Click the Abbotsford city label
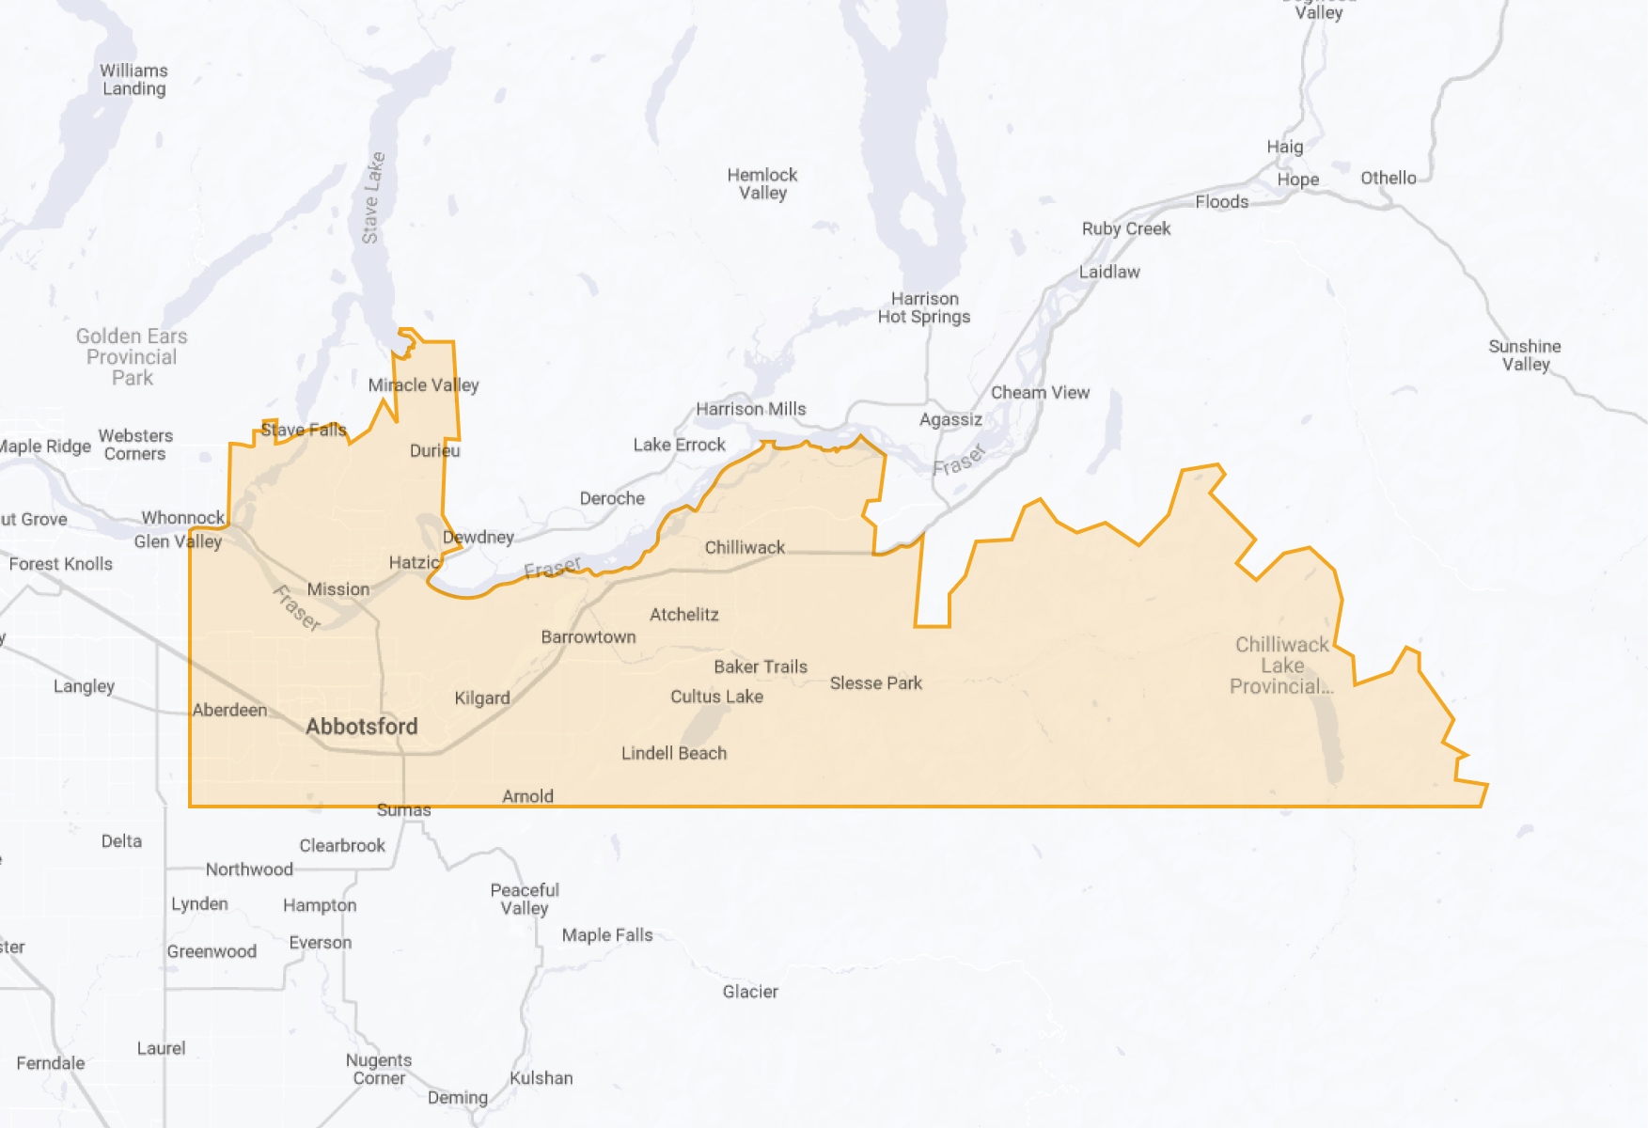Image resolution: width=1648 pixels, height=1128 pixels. pos(362,727)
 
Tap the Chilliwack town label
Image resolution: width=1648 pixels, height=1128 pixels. pos(745,547)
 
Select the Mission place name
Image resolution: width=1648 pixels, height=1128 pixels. pos(338,589)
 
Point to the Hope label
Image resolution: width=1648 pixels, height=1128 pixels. pos(1297,180)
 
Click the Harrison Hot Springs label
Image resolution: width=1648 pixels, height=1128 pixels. pos(924,308)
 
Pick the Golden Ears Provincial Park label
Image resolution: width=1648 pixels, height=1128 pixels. pos(132,357)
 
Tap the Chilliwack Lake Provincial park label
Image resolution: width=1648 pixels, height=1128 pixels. pos(1281,666)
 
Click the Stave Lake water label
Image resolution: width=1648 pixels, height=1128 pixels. pos(373,198)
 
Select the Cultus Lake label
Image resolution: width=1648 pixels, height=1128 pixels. pos(716,697)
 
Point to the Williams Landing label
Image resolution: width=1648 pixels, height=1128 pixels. pos(134,80)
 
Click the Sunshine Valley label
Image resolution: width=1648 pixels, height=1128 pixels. pos(1525,355)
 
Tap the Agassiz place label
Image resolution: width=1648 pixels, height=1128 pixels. pos(950,419)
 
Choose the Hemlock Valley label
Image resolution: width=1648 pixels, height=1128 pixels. pos(762,184)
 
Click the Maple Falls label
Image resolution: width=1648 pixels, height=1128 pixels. pos(607,935)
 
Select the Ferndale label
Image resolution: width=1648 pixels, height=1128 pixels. pos(51,1063)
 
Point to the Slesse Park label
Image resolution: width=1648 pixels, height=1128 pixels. pos(875,683)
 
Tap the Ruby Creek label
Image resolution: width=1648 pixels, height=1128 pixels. pos(1126,228)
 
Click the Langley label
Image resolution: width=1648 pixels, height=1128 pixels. pos(84,686)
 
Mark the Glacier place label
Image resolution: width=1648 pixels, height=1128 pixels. pos(750,992)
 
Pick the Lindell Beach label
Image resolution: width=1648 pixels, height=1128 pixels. pos(674,753)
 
